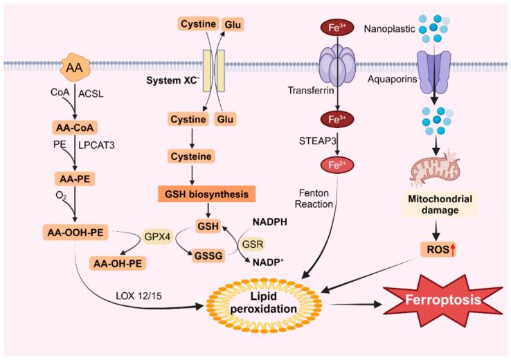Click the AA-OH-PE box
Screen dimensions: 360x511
(x=123, y=262)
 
